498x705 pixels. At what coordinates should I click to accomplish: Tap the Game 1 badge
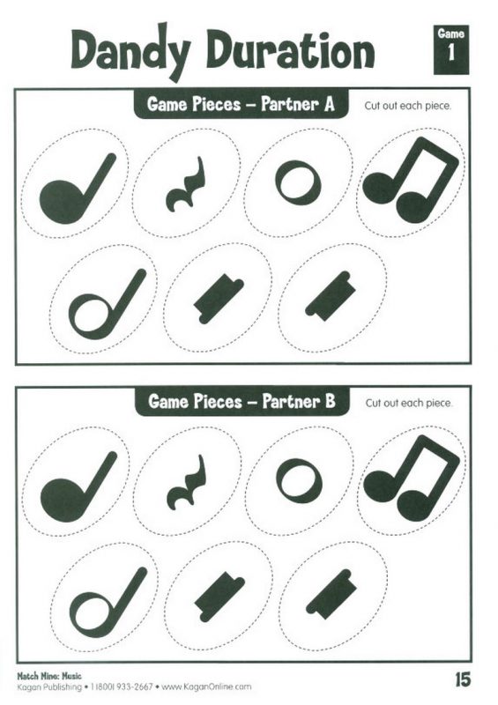pos(451,49)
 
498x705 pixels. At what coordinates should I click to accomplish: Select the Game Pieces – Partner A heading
pos(241,104)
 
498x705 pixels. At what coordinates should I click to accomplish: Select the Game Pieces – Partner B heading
pos(242,401)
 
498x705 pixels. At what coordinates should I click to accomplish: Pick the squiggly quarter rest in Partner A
pos(186,184)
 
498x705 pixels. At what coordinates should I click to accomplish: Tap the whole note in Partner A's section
pos(298,183)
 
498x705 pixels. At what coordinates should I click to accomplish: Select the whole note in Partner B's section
pos(299,481)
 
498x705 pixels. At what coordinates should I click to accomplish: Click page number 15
pos(462,679)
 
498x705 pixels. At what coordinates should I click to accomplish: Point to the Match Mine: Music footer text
pos(49,676)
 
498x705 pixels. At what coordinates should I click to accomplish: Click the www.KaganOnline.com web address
pos(206,687)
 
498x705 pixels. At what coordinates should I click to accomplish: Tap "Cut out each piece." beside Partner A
pos(407,106)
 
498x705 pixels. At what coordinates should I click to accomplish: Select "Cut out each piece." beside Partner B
pos(408,403)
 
